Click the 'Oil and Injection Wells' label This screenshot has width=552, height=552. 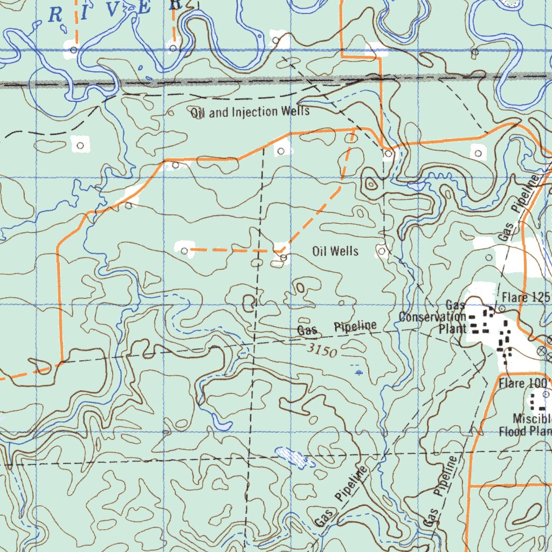coord(250,112)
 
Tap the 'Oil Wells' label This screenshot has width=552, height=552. coord(335,251)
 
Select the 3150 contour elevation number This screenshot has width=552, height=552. coord(323,351)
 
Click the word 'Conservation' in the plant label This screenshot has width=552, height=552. coord(432,316)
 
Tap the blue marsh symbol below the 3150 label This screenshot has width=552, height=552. coord(358,371)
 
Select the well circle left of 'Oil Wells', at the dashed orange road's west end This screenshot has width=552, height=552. coord(184,251)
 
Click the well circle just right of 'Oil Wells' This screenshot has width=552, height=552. coord(382,251)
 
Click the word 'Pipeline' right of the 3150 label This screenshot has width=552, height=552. coord(355,326)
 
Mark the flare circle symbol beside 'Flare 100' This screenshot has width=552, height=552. coord(546,394)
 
